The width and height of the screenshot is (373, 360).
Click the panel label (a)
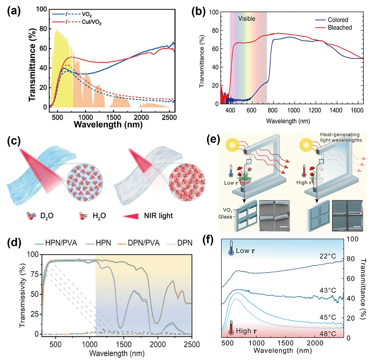(x=14, y=12)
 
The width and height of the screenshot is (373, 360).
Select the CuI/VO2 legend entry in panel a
(x=93, y=23)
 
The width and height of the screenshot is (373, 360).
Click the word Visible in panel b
(x=246, y=19)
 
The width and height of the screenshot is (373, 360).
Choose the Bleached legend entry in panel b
(x=340, y=28)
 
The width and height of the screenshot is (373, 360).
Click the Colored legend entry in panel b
(x=338, y=20)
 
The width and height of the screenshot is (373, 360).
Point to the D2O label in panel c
(x=47, y=216)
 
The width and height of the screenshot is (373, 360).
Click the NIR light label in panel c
(x=158, y=216)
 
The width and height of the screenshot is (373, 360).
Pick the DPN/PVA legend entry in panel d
(x=144, y=243)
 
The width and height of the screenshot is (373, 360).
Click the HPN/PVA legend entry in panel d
(x=61, y=243)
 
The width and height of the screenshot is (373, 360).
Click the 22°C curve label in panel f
(x=328, y=256)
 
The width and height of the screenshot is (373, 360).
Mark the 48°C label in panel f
(x=328, y=334)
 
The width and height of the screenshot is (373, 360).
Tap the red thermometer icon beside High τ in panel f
(x=231, y=330)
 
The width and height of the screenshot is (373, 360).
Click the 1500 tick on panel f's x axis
(x=285, y=343)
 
